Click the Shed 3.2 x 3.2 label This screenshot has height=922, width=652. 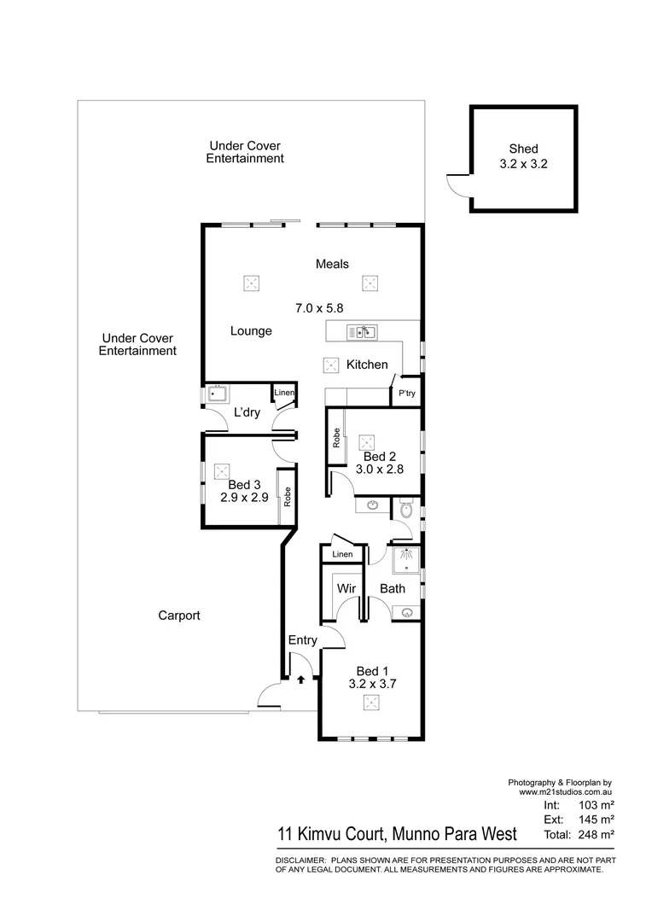click(x=523, y=155)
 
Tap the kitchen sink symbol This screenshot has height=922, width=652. click(x=362, y=332)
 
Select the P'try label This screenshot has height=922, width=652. click(x=405, y=394)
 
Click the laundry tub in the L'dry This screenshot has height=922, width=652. click(x=218, y=394)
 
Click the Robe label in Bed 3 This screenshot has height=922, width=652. click(x=288, y=497)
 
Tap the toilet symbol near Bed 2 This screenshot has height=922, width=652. click(x=407, y=510)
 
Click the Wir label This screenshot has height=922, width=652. click(x=346, y=588)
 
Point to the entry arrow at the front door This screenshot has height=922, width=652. click(x=300, y=680)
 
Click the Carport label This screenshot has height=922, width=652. click(x=179, y=615)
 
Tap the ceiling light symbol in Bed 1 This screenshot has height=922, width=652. click(x=371, y=702)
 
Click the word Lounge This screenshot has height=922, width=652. click(x=251, y=330)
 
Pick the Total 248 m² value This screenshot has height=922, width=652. click(x=597, y=833)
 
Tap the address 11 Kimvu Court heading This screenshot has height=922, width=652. click(x=396, y=832)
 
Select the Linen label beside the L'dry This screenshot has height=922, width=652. click(x=284, y=393)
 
